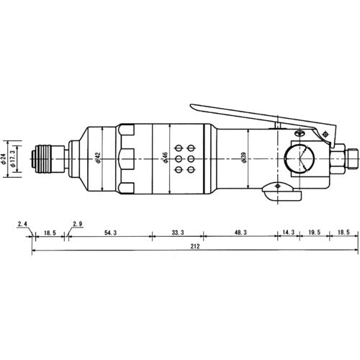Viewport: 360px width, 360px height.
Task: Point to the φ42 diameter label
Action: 98,158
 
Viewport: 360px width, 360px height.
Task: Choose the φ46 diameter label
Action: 166,158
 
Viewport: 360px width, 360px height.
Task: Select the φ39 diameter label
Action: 246,158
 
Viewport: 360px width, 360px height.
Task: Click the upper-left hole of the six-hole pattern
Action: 179,145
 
